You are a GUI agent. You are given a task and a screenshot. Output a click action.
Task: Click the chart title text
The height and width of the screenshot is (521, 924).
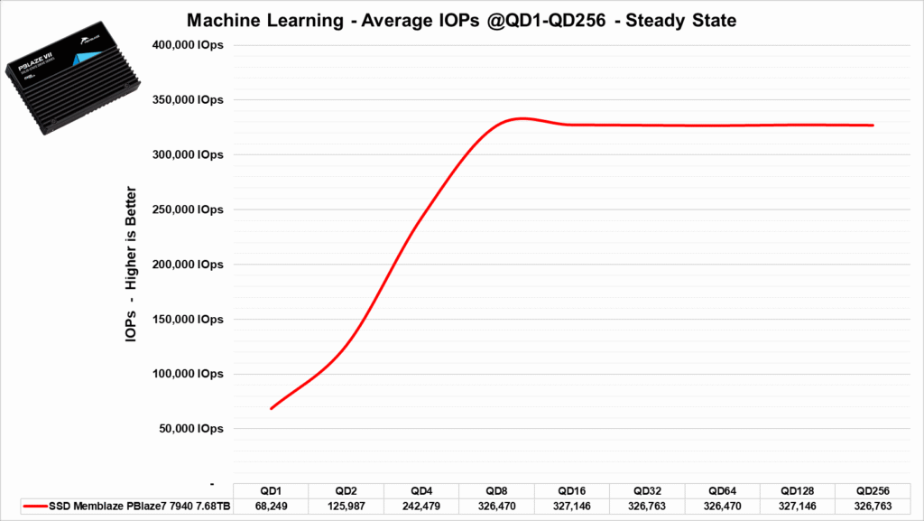(x=461, y=20)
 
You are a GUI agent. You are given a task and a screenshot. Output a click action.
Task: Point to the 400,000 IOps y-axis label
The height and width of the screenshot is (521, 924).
(x=188, y=45)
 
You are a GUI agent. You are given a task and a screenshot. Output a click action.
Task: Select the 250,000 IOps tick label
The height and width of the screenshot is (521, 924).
(x=188, y=209)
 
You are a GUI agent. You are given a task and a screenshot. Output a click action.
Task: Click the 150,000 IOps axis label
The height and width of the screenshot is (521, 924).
(x=188, y=319)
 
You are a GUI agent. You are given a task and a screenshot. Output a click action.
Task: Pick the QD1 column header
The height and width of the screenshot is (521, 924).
(x=271, y=489)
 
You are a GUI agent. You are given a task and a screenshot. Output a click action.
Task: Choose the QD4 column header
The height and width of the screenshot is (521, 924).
(x=421, y=489)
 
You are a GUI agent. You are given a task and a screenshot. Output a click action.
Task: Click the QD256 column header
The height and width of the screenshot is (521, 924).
(x=873, y=489)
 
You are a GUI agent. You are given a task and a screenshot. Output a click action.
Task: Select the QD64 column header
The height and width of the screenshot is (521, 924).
(x=722, y=489)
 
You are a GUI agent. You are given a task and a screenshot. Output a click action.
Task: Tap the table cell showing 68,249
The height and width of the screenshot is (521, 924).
(x=271, y=507)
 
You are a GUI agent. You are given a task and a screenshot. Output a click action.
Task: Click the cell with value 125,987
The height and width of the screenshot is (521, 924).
(x=346, y=507)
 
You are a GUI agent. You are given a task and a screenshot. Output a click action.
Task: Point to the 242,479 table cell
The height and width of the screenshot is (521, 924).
(x=421, y=507)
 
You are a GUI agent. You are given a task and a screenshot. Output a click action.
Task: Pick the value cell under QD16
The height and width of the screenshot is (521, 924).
(x=572, y=507)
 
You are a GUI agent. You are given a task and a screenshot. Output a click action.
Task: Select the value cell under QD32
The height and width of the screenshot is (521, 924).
(x=647, y=507)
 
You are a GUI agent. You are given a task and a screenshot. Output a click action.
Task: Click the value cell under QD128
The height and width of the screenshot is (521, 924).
(x=798, y=507)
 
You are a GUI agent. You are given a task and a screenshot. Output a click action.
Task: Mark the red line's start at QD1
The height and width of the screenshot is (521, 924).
(x=271, y=408)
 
